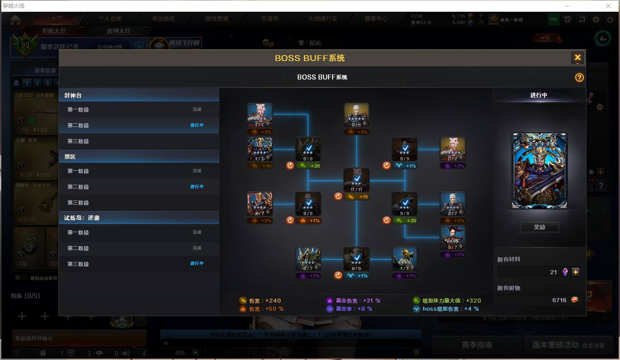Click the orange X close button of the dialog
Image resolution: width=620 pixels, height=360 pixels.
coord(577,58)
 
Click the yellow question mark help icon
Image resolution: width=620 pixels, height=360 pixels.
coord(579,77)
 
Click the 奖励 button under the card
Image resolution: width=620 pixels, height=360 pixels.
coord(540,227)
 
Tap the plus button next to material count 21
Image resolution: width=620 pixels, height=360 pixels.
coord(575,272)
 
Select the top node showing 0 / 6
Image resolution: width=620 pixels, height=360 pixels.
coord(357,116)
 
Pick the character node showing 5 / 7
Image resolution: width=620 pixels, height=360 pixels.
coord(453,238)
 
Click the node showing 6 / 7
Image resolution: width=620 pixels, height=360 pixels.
coord(308,259)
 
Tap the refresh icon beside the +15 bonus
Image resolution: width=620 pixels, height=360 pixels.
coord(338,196)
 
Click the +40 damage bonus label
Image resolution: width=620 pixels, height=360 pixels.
coord(260,166)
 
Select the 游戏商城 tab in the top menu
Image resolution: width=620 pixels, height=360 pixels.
coord(216,19)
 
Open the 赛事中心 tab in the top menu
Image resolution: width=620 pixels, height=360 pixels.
coord(376,19)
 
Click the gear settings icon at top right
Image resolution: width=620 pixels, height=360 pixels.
coord(596,19)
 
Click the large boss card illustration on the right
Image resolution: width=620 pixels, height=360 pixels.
coord(539,171)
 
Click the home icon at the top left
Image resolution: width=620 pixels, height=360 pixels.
coord(15,19)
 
